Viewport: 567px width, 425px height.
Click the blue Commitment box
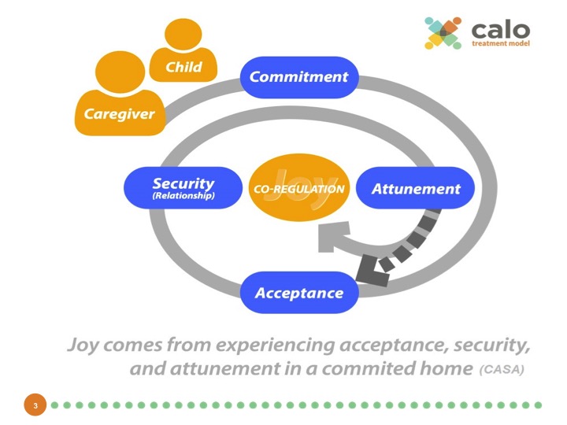(x=298, y=77)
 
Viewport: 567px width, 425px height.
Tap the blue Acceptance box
(x=298, y=293)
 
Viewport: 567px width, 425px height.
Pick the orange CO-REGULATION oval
(x=298, y=189)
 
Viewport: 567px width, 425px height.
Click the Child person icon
(x=183, y=55)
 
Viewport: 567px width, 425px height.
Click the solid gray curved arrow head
(x=329, y=236)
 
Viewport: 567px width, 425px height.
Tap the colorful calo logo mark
(x=443, y=33)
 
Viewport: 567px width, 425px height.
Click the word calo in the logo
(x=501, y=29)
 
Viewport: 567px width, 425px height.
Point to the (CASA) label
(x=502, y=368)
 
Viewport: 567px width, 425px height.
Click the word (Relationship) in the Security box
(x=183, y=195)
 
